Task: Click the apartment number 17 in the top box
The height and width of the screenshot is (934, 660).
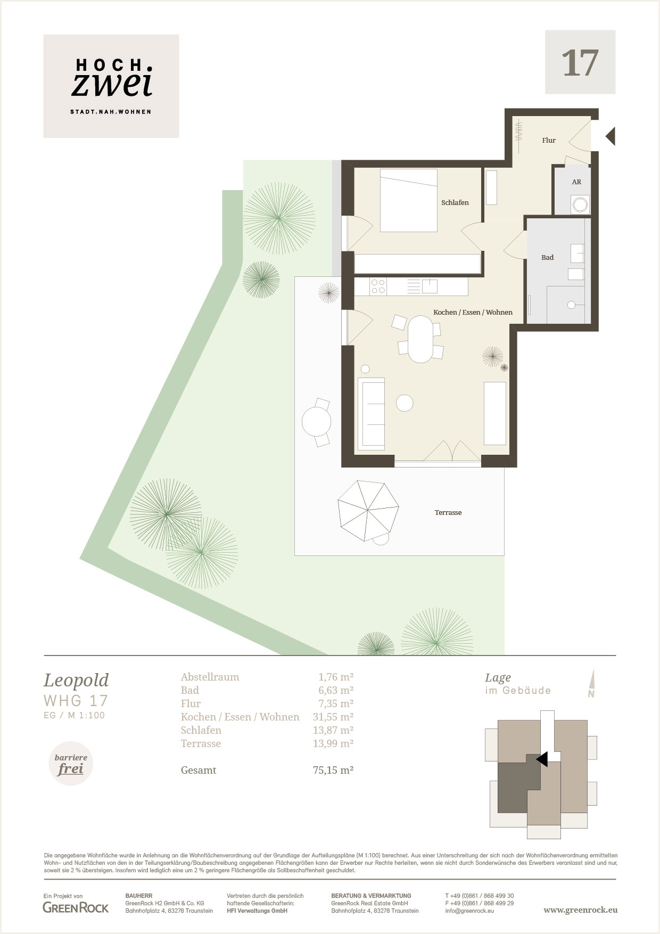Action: (580, 63)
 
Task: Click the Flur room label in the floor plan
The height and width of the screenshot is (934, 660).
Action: (549, 141)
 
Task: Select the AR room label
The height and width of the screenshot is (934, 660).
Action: (576, 182)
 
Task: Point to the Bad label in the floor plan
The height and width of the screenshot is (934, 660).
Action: (547, 258)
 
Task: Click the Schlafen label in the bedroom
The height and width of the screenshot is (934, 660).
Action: (455, 203)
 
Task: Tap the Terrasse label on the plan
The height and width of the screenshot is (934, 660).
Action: (448, 513)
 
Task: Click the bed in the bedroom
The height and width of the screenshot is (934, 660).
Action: (409, 201)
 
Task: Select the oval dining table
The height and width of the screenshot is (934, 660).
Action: (420, 339)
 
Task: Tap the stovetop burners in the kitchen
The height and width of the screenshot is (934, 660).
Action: (378, 286)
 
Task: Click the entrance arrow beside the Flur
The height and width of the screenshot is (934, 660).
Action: (610, 136)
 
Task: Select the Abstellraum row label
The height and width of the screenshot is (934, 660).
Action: (210, 677)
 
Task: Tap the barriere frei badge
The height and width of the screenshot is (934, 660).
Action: (71, 764)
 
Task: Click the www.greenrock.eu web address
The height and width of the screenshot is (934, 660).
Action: (581, 911)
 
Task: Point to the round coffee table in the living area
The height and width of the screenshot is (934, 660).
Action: (405, 403)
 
